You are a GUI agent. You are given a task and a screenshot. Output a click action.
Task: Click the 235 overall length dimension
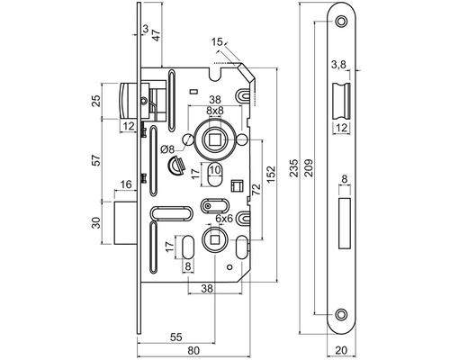[x=295, y=167]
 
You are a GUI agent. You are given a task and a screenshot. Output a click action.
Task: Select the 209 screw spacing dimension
[x=309, y=167]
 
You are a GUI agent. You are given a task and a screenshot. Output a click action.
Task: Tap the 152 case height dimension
[x=271, y=174]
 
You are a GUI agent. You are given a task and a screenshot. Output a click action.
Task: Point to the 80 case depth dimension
[x=193, y=350]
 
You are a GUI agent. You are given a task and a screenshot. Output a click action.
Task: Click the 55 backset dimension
[x=176, y=337]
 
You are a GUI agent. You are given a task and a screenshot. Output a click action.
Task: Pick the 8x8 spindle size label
[x=215, y=111]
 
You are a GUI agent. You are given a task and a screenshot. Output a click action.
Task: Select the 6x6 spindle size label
[x=224, y=219]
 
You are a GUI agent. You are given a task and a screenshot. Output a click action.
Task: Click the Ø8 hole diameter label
[x=167, y=149]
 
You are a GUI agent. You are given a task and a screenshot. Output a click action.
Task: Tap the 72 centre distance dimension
[x=256, y=190]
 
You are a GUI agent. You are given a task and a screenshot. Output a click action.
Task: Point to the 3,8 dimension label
[x=338, y=65]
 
